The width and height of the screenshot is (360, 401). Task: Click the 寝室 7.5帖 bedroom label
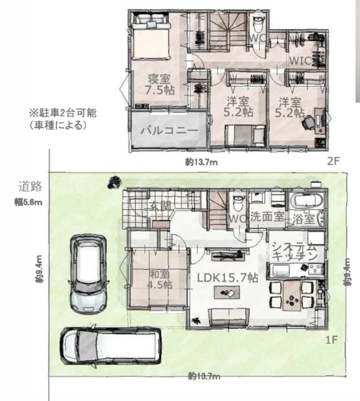point(158,84)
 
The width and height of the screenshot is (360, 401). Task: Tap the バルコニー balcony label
point(169,130)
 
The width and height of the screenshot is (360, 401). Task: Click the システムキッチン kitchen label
point(294,252)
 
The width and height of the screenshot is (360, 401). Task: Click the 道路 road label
point(31,187)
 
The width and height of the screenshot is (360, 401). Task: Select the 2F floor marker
point(333,161)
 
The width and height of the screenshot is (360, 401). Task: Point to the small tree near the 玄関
point(114,182)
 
